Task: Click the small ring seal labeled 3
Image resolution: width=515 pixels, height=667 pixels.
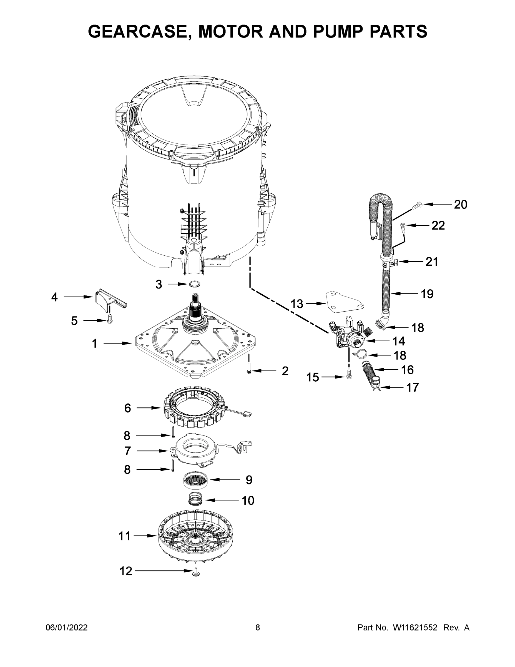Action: pyautogui.click(x=194, y=284)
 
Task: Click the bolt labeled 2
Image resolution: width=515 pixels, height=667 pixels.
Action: pyautogui.click(x=249, y=368)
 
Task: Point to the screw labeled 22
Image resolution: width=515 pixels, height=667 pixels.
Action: pyautogui.click(x=402, y=226)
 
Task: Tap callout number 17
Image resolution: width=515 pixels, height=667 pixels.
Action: pyautogui.click(x=412, y=388)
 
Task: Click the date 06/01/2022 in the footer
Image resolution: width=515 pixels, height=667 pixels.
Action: pyautogui.click(x=67, y=627)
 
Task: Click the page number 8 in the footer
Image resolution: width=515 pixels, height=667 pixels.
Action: pyautogui.click(x=258, y=627)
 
